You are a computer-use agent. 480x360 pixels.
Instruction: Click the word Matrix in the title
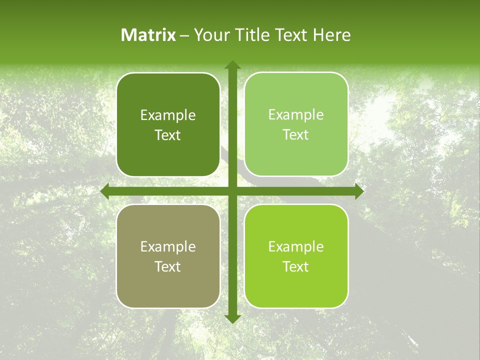click(148, 35)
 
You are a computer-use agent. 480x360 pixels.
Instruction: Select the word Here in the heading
click(331, 35)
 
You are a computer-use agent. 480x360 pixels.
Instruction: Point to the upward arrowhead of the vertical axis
click(232, 65)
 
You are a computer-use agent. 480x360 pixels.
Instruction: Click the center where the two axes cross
click(232, 191)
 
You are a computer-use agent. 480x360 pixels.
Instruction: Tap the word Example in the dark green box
click(168, 115)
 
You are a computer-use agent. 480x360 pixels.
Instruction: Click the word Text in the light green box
click(296, 135)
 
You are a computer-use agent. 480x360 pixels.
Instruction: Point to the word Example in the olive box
click(168, 246)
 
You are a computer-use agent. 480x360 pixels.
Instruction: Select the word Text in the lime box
click(296, 266)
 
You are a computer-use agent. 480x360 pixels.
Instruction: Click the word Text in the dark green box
click(168, 135)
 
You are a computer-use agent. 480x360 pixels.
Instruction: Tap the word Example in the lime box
click(296, 246)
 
